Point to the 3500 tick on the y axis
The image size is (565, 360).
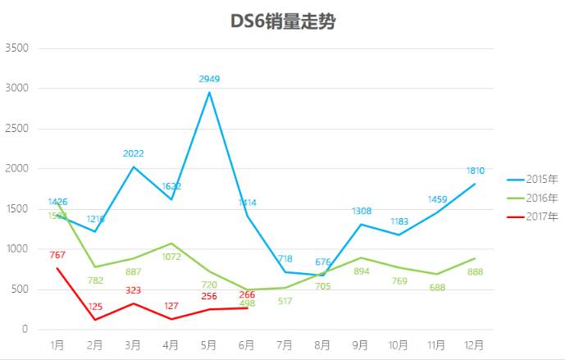click(17, 48)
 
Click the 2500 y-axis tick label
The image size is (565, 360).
click(17, 129)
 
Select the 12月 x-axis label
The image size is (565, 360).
click(475, 346)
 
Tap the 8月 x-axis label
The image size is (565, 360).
click(323, 346)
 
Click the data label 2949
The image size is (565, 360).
click(209, 79)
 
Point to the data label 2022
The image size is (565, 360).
click(134, 153)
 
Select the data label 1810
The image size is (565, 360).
click(476, 171)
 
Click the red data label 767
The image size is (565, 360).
click(57, 255)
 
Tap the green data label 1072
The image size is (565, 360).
click(171, 257)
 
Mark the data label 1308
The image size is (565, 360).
click(362, 212)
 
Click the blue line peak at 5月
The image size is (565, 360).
click(209, 92)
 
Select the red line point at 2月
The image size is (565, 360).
click(96, 320)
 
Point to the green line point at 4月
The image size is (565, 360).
click(171, 244)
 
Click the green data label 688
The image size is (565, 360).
click(437, 287)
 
